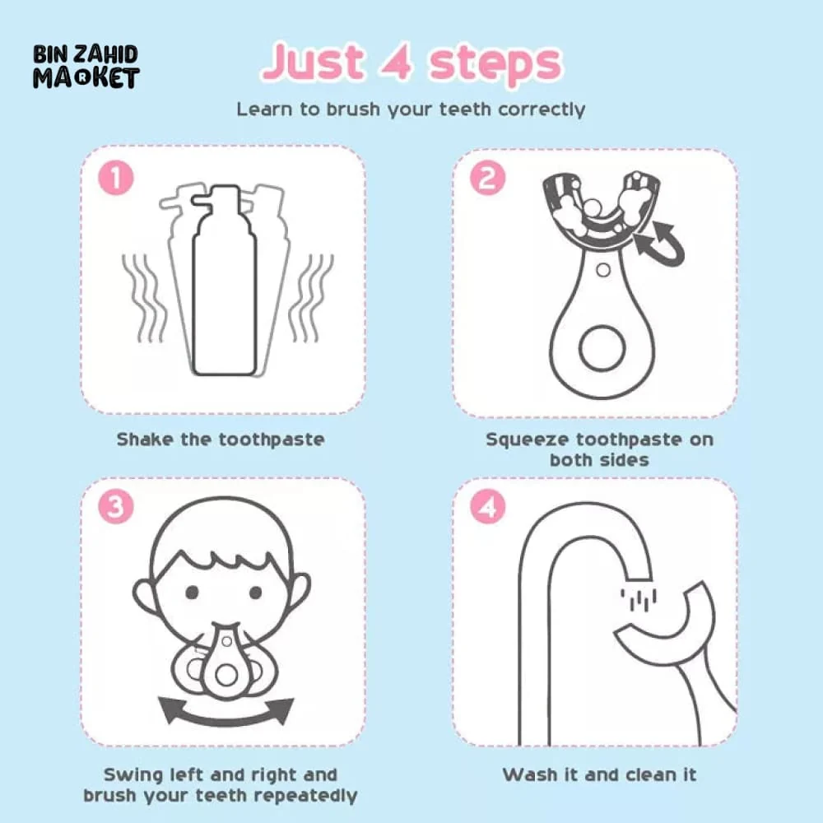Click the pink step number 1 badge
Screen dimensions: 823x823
116,178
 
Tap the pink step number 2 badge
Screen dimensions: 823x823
487,178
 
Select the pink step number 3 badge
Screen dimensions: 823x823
116,506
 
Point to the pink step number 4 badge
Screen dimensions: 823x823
487,506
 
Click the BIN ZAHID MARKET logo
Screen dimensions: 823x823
86,67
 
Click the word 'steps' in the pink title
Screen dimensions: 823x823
496,64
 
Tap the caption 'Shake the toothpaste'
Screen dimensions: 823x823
221,439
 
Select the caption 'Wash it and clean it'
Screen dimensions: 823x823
599,774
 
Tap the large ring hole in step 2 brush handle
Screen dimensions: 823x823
602,348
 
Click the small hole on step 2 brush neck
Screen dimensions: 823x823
603,270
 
